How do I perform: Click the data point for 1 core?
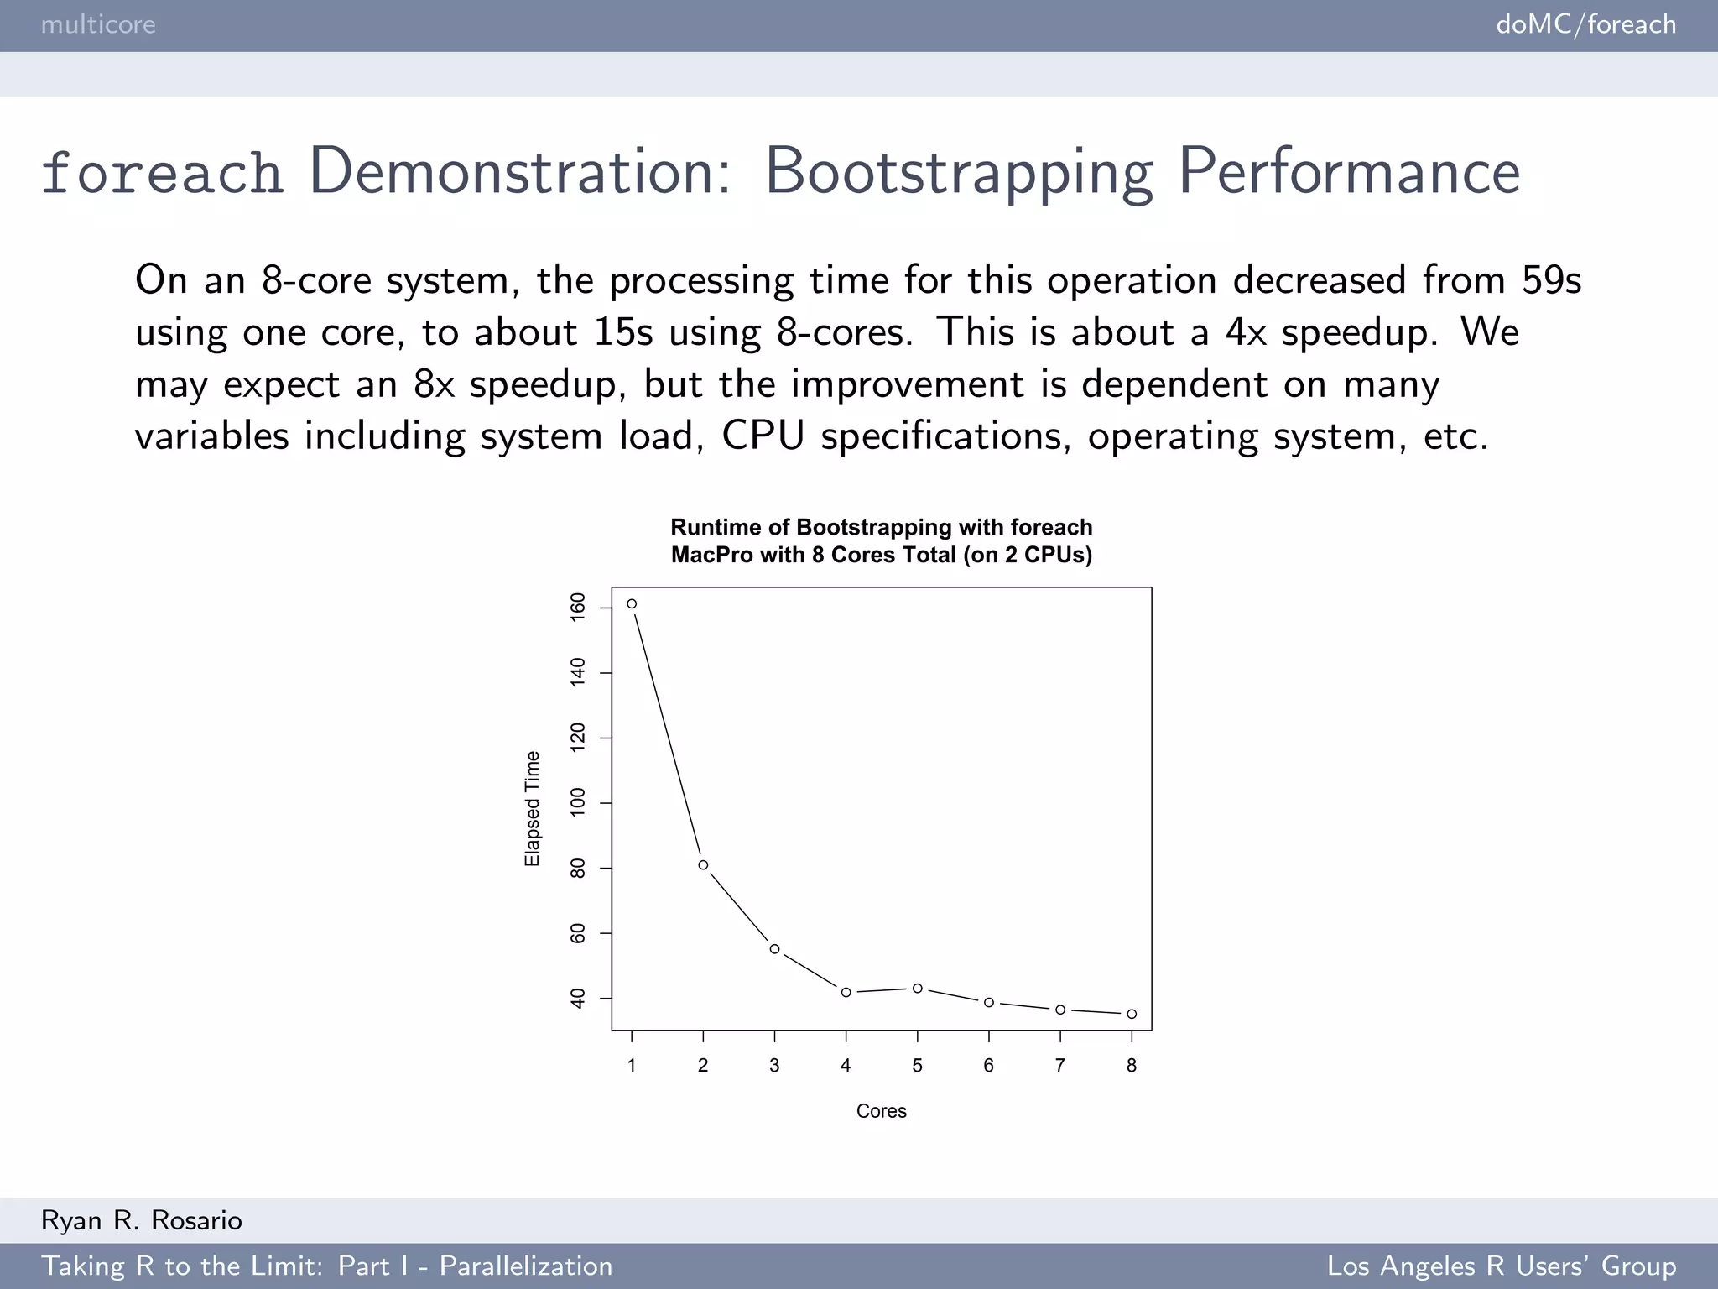(x=632, y=603)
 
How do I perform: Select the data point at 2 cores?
(x=703, y=865)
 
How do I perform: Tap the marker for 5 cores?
(x=918, y=989)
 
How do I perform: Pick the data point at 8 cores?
(x=1132, y=1014)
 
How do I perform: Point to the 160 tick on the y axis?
(x=577, y=607)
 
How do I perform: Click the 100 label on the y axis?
(x=577, y=803)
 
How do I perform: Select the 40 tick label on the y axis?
(x=577, y=999)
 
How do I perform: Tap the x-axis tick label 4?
(x=846, y=1066)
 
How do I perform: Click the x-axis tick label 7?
(x=1060, y=1066)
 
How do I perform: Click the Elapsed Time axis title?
(x=532, y=809)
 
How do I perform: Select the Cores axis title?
(x=881, y=1111)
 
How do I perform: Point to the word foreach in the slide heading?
(x=161, y=173)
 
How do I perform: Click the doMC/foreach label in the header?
(x=1585, y=24)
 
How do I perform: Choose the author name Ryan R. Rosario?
(x=142, y=1220)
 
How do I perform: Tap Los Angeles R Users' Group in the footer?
(x=1501, y=1266)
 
